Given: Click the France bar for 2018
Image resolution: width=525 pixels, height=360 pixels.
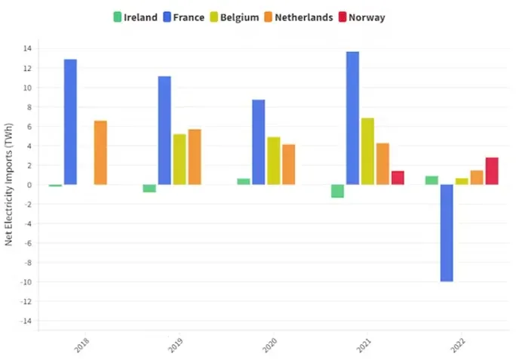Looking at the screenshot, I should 70,122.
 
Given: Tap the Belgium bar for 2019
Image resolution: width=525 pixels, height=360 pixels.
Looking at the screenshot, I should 180,159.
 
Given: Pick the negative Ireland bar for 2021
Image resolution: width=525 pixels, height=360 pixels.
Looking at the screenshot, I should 337,191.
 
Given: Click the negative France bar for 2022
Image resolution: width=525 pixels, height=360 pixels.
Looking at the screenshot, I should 447,232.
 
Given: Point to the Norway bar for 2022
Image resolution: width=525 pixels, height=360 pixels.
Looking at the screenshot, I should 492,171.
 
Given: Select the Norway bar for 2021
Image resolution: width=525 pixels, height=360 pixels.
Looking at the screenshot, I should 398,177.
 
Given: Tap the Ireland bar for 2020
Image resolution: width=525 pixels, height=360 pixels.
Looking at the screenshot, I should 243,181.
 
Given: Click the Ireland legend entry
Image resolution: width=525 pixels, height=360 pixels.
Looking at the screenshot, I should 135,17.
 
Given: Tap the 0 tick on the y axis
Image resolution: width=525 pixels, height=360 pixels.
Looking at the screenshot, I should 28,185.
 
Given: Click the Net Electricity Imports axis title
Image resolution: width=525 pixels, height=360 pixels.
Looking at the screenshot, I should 8,185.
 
